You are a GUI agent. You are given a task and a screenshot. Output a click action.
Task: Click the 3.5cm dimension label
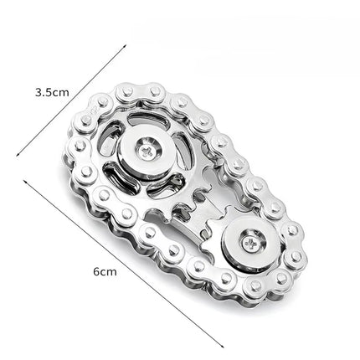(51, 93)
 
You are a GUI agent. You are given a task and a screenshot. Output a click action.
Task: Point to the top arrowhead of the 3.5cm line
(126, 45)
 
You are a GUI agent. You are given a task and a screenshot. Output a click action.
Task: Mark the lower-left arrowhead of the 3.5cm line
(16, 156)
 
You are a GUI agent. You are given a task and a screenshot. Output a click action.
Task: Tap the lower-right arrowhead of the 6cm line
(224, 345)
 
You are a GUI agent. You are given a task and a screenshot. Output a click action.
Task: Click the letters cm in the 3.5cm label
(59, 93)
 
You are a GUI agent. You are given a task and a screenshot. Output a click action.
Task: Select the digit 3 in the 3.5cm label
(38, 93)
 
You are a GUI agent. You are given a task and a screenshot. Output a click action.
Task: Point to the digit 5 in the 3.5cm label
(47, 93)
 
